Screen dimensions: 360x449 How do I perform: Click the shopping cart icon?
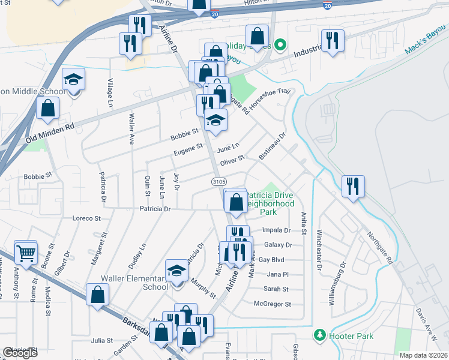pyautogui.click(x=26, y=253)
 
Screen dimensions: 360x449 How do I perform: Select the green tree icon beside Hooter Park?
pyautogui.click(x=320, y=334)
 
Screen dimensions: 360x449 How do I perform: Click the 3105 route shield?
pyautogui.click(x=218, y=181)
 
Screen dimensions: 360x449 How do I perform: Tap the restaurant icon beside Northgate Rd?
pyautogui.click(x=353, y=186)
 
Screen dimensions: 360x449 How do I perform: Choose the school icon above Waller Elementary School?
pyautogui.click(x=177, y=271)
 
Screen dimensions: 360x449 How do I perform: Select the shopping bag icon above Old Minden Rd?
pyautogui.click(x=48, y=109)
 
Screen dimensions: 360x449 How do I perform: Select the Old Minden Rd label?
pyautogui.click(x=49, y=133)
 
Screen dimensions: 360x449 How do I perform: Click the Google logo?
pyautogui.click(x=20, y=352)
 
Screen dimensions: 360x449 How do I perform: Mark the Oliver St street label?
pyautogui.click(x=232, y=161)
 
